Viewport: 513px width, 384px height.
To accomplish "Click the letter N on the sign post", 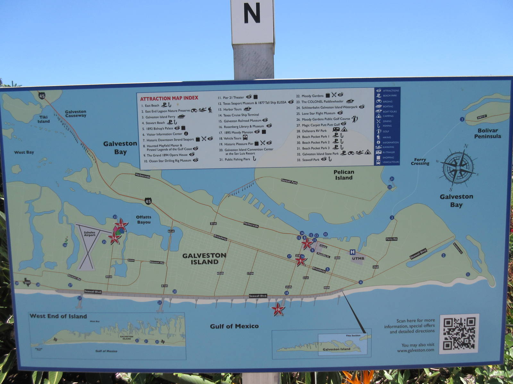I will point(252,13).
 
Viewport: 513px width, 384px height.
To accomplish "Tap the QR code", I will point(459,333).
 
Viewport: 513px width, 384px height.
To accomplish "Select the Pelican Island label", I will point(344,175).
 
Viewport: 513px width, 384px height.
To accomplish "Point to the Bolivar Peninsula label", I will point(487,133).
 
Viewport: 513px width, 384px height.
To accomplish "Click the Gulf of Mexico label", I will point(234,326).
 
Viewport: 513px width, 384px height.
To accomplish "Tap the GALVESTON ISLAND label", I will point(204,259).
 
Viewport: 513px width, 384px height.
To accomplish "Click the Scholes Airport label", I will point(89,234).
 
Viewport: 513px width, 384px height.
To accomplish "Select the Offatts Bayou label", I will point(144,220).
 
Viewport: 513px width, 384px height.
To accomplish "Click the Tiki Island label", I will point(44,119).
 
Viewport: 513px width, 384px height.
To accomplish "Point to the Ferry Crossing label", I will point(420,162).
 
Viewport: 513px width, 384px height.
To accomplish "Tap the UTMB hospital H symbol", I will point(352,252).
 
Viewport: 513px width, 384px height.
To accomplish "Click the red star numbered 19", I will point(278,309).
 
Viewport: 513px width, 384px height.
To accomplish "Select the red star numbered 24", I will point(114,238).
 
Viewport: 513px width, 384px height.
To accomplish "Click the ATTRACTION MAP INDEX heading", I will point(169,98).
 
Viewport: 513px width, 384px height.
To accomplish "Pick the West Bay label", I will point(24,152).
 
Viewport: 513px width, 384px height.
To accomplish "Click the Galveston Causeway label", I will point(76,114).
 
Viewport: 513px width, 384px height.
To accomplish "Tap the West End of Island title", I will point(58,316).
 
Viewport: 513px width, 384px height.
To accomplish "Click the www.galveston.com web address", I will point(416,350).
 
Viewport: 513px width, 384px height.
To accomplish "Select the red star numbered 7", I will point(307,244).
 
